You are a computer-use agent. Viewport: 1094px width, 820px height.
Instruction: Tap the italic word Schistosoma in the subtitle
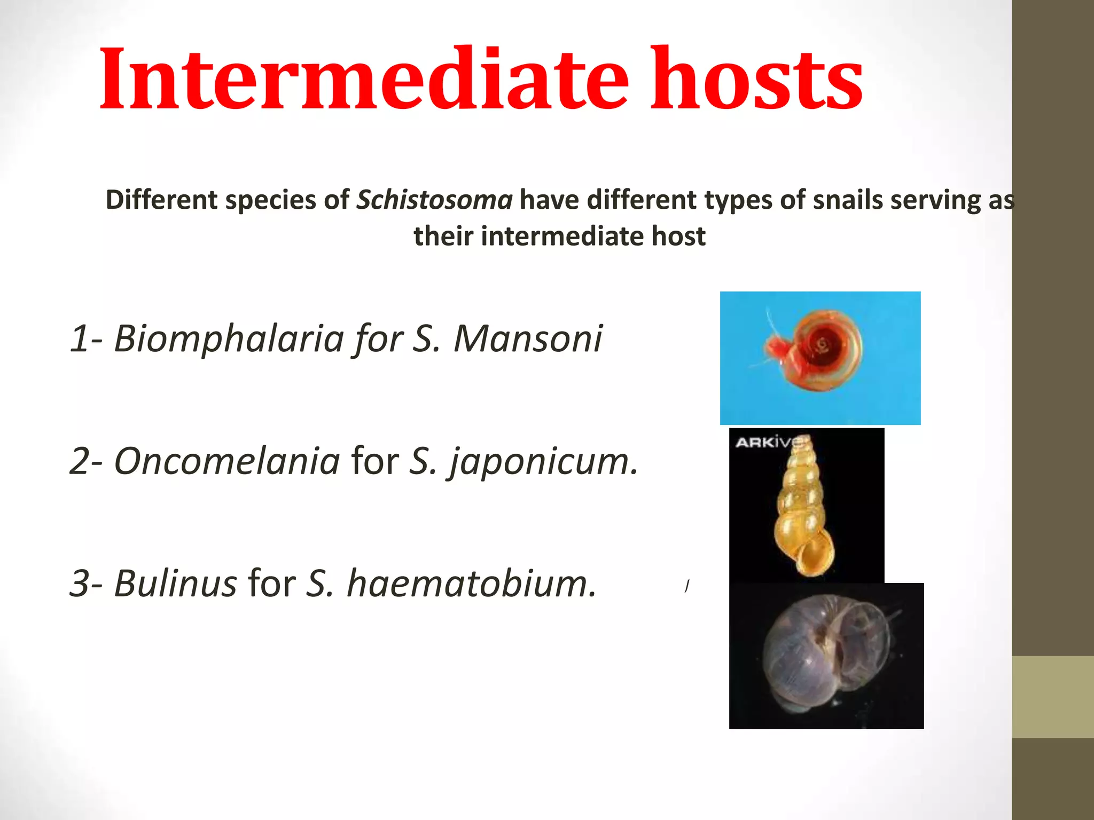(x=434, y=200)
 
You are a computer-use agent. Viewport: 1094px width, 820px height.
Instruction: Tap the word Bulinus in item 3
(x=175, y=583)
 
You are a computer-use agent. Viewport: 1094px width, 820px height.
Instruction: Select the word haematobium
(x=471, y=583)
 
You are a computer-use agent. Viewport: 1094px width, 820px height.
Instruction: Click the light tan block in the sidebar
(x=1052, y=697)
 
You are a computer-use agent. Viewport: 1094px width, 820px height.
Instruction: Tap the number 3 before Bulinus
(x=80, y=584)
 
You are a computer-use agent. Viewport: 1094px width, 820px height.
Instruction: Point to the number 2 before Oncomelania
(x=80, y=461)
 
